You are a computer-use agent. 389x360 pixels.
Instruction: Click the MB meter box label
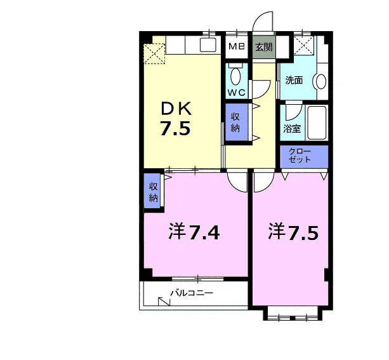[237, 46]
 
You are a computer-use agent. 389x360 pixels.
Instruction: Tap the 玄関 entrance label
[264, 47]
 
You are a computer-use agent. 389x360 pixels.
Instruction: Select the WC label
[237, 93]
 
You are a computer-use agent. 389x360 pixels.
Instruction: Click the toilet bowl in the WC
[235, 76]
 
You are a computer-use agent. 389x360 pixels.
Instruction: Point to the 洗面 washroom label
[294, 80]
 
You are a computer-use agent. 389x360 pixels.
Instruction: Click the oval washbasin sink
[321, 81]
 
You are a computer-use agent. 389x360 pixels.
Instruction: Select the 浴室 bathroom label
[292, 129]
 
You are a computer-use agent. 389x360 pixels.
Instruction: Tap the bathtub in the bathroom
[317, 123]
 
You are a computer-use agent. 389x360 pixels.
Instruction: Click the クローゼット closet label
[300, 156]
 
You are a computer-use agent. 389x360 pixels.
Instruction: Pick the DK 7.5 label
[176, 119]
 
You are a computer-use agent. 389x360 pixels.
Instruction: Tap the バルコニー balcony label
[192, 293]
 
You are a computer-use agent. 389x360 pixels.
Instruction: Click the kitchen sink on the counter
[208, 45]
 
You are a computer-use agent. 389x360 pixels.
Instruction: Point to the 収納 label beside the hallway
[235, 122]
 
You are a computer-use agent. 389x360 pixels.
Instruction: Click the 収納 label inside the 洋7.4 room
[154, 192]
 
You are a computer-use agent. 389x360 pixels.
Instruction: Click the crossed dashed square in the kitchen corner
[155, 54]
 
